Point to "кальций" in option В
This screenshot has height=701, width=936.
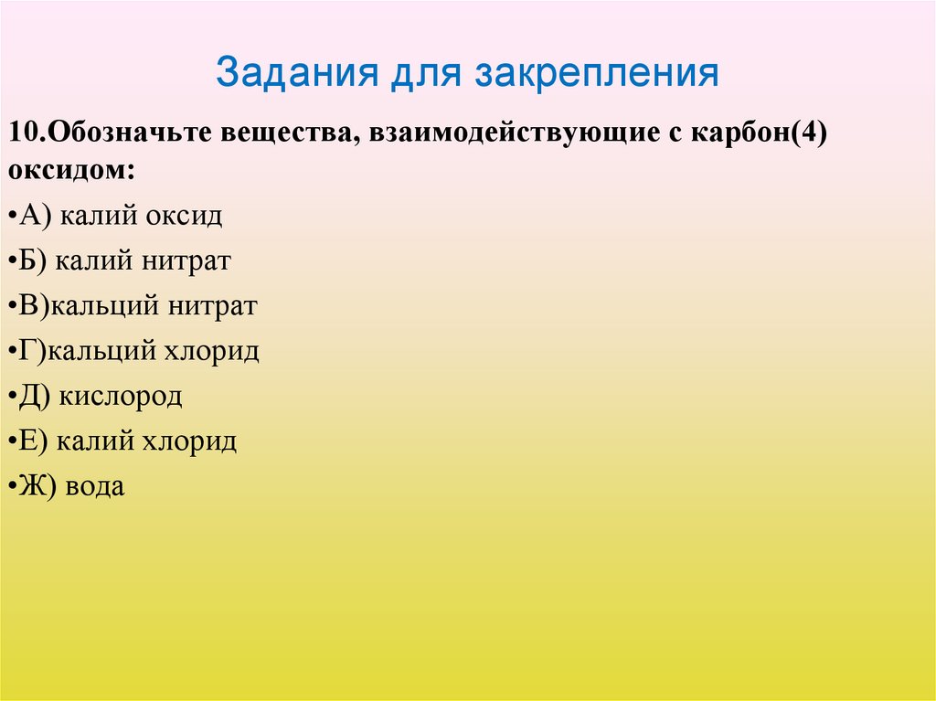tap(104, 306)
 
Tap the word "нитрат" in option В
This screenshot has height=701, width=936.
tap(211, 306)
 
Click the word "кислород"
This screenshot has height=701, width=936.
tap(122, 397)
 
